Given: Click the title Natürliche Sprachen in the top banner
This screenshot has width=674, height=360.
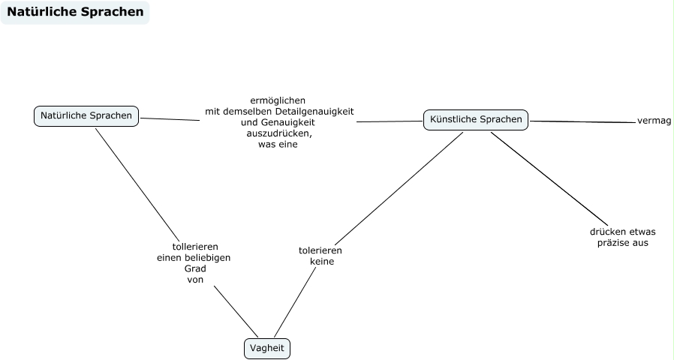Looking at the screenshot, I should click(75, 12).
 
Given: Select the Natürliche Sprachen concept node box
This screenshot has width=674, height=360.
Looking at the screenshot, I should click(86, 115).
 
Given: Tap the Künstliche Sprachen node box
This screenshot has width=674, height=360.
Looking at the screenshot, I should click(476, 119).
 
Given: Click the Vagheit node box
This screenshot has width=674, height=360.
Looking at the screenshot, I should click(266, 348).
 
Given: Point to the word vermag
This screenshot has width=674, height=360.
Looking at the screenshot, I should click(654, 121).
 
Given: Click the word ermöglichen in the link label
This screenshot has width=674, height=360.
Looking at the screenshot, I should click(278, 100).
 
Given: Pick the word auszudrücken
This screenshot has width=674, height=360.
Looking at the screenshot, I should click(279, 133).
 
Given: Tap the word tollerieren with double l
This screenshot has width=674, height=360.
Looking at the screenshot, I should click(195, 246).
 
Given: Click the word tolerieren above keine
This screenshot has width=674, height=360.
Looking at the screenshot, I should click(320, 250).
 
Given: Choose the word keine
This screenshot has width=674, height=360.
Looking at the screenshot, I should click(321, 262).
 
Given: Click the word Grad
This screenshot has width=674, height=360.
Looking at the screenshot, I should click(194, 268).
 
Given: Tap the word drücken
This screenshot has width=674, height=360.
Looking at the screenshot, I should click(606, 232).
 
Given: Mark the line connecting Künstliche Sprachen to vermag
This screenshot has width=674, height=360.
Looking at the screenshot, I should click(582, 121).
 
